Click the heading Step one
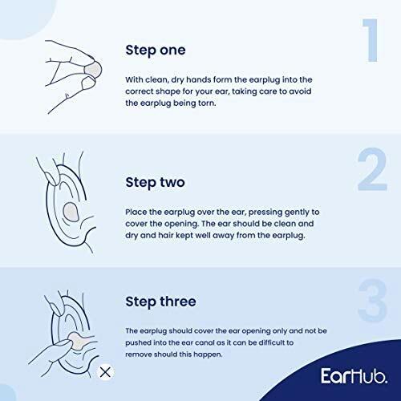click(156, 51)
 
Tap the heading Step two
click(155, 182)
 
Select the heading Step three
click(160, 302)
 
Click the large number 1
click(371, 40)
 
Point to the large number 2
click(372, 169)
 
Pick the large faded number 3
click(373, 300)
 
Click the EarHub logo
click(354, 375)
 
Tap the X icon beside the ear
click(105, 372)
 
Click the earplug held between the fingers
click(93, 69)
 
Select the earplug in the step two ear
click(71, 212)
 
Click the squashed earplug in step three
click(77, 341)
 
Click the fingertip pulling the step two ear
click(51, 178)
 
